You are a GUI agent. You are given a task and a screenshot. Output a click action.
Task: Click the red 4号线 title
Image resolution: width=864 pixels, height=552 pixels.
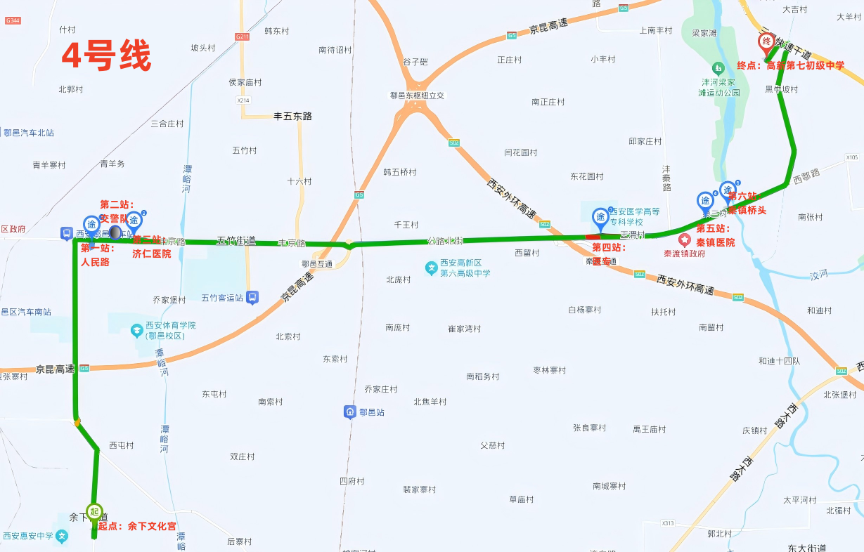(106, 56)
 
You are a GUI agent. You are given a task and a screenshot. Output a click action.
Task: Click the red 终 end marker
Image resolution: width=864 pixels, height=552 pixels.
(766, 41)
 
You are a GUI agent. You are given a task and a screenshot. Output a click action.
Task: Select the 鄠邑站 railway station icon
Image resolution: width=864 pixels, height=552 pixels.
(350, 412)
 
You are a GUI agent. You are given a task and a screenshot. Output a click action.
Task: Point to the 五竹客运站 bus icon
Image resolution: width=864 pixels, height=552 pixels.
(252, 298)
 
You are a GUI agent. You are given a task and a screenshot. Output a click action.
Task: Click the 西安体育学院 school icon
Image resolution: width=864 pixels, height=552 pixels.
(136, 329)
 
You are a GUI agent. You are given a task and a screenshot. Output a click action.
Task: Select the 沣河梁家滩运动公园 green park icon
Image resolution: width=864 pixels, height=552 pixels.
(718, 69)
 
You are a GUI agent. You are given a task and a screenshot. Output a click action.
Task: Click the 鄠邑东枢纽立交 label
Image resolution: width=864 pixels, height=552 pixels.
(418, 96)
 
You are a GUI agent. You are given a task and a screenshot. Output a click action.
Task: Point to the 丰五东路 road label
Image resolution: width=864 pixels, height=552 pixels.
(292, 116)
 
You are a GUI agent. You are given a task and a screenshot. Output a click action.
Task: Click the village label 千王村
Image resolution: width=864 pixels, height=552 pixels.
(406, 225)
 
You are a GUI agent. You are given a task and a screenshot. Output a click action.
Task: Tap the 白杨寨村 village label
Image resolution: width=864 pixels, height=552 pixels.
(585, 310)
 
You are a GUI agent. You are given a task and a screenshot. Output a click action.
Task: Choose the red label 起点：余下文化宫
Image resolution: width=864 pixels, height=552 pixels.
(136, 526)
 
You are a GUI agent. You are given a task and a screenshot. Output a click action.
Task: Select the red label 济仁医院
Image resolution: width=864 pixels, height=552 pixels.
(151, 254)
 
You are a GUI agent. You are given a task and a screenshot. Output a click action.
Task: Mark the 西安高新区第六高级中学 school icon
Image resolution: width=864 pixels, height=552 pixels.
(431, 268)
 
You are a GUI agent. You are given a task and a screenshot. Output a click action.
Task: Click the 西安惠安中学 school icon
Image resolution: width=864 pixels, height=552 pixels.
(63, 537)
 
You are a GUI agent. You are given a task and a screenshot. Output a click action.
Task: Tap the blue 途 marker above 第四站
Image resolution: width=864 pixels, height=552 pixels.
(600, 217)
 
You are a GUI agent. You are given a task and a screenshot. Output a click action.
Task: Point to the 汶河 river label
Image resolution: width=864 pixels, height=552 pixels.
(818, 276)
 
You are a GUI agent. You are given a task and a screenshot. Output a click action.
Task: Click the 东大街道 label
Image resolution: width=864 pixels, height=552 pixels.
(806, 548)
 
